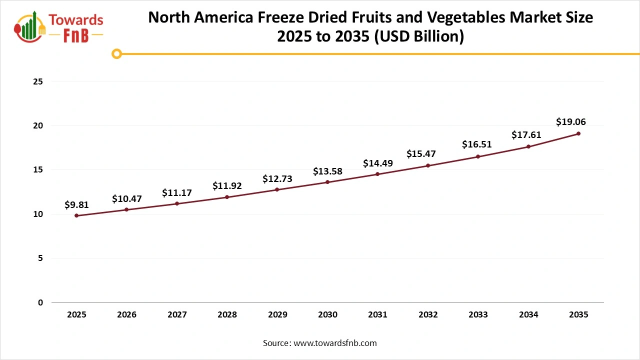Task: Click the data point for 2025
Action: [76, 215]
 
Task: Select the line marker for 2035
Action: [578, 133]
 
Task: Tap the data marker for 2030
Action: [327, 182]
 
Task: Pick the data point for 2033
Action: [478, 156]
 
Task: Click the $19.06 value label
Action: [571, 121]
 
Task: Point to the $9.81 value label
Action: [77, 204]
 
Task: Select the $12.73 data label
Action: [277, 178]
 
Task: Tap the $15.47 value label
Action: [421, 153]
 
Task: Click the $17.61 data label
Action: [526, 134]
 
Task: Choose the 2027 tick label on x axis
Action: [177, 315]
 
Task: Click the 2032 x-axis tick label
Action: [428, 315]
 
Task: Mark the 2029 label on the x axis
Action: [277, 315]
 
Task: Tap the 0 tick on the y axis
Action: [40, 302]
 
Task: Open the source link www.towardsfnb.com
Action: [335, 343]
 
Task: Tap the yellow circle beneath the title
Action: [116, 54]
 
